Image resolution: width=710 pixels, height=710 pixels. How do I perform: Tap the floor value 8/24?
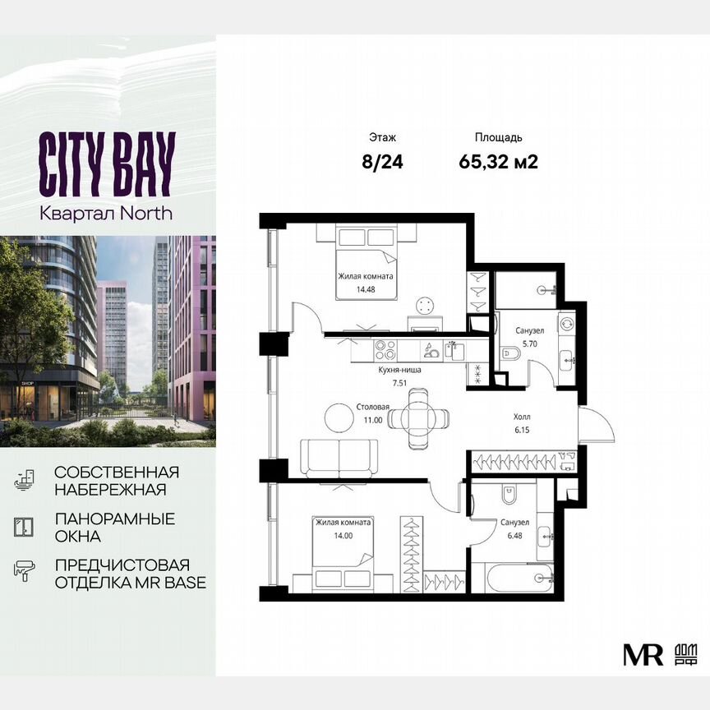[x=383, y=161]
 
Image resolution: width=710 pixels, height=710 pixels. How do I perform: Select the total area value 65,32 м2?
[x=498, y=161]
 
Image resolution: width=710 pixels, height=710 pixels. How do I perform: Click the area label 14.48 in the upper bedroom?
[x=365, y=289]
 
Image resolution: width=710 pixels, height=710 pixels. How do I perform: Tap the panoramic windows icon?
[x=25, y=527]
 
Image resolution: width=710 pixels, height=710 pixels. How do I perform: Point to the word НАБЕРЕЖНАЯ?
[x=110, y=490]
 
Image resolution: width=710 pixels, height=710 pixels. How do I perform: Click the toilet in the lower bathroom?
[x=508, y=495]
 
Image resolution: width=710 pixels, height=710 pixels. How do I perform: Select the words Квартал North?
[x=106, y=213]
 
